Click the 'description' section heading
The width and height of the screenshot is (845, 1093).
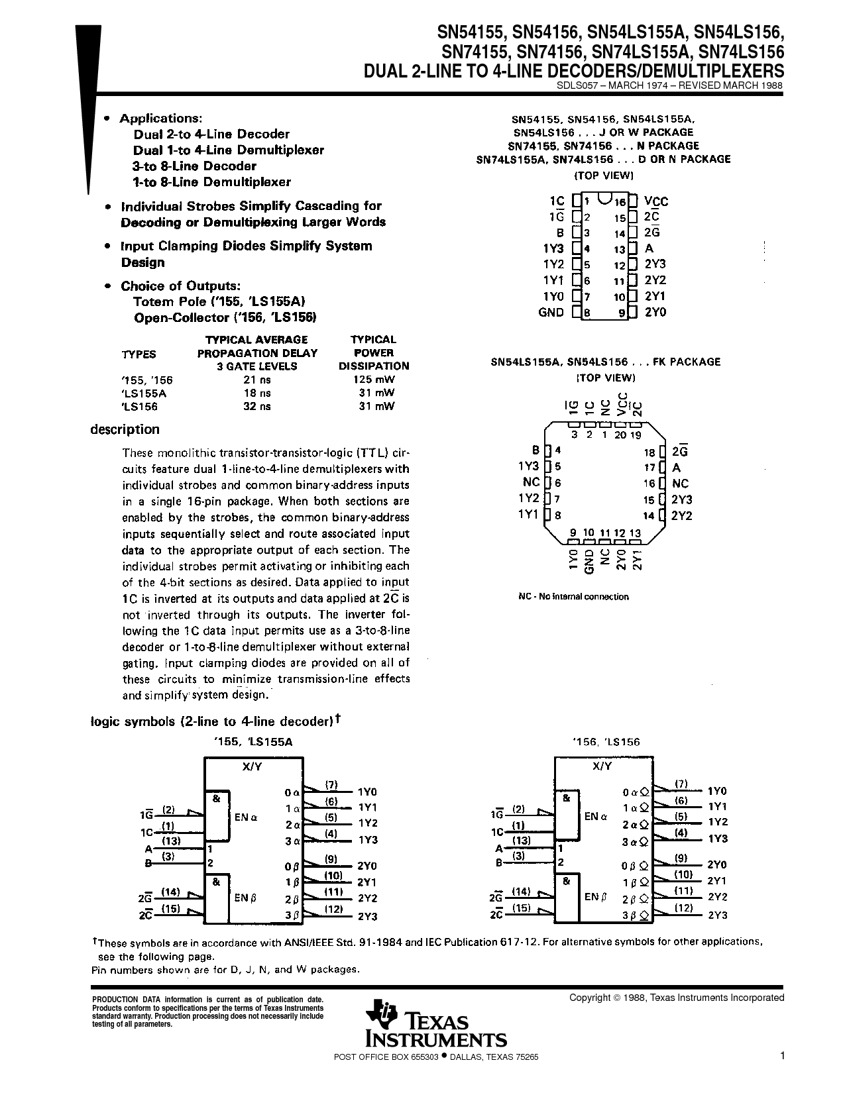(125, 429)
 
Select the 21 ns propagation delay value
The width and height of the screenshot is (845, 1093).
(257, 380)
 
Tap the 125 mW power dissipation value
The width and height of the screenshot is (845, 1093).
(374, 380)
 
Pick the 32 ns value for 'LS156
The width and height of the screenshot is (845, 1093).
(257, 407)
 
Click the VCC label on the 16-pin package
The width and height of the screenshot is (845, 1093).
(656, 201)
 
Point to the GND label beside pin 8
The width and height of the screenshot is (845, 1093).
(551, 312)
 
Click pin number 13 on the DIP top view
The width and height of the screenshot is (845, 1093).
(620, 250)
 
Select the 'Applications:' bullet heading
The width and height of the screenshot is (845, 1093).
(160, 119)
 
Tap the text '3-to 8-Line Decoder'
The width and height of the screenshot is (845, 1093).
(195, 166)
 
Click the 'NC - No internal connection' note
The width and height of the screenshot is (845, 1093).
(573, 597)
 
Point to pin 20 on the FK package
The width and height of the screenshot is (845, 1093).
(620, 435)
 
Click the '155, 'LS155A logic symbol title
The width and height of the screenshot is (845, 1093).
(253, 742)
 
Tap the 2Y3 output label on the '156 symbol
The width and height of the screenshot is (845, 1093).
(718, 915)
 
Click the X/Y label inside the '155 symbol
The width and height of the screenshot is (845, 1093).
(251, 766)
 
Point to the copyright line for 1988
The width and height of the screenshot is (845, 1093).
(676, 998)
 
